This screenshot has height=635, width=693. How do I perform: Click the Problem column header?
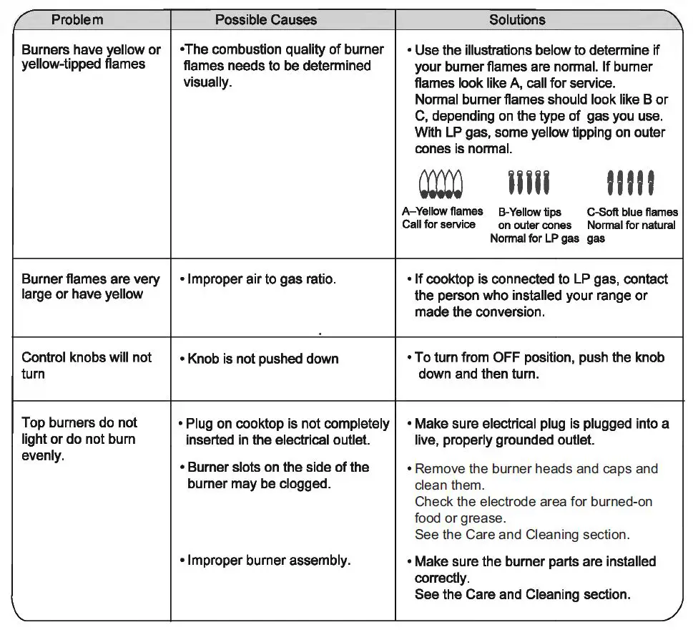coord(77,20)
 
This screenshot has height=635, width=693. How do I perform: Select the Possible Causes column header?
coord(266,20)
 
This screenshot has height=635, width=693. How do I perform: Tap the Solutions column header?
coord(517,20)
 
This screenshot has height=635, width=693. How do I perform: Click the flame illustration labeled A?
coord(441,183)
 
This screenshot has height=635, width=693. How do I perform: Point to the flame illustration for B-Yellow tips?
coord(529,183)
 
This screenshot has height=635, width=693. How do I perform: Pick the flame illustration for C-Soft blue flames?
coord(630,183)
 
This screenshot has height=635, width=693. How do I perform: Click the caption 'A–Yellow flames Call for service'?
coord(441,218)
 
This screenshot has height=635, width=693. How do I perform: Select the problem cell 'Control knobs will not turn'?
coord(87,365)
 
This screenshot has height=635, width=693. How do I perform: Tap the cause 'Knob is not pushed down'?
coord(262,359)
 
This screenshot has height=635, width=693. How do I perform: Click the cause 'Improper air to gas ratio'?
coord(261,279)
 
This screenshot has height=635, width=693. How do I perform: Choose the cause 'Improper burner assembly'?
coord(268,560)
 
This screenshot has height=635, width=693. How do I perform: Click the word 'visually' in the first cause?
coord(207,82)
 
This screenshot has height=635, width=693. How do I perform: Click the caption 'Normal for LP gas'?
coord(534,238)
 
